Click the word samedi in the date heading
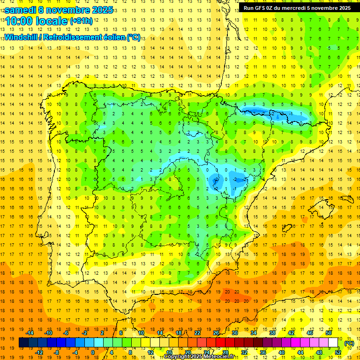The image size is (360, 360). [x=20, y=10]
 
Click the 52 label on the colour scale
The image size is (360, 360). [x=338, y=352]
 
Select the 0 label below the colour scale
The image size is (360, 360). [x=92, y=352]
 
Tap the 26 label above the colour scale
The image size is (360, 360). [x=216, y=333]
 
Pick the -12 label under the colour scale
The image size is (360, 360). [x=39, y=352]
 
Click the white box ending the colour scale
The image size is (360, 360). [x=333, y=343]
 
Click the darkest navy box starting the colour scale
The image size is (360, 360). [x=23, y=343]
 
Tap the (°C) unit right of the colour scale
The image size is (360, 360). [x=349, y=343]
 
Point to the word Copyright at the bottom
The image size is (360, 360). [x=176, y=357]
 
